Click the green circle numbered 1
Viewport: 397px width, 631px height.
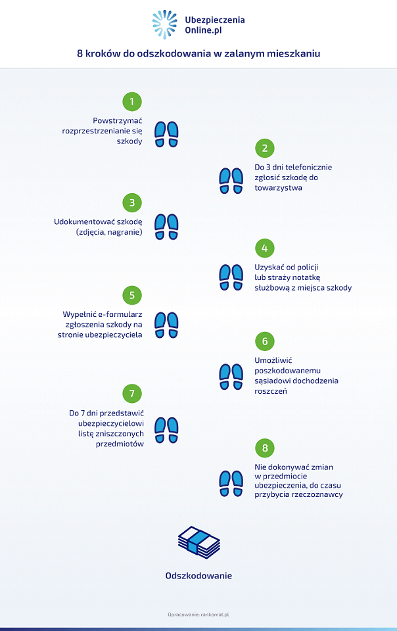click(x=132, y=102)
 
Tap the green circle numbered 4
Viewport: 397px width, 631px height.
click(x=265, y=248)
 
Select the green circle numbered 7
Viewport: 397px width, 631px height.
click(x=132, y=394)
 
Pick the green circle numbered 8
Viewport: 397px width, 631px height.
click(x=265, y=448)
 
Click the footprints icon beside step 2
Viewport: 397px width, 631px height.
click(x=231, y=181)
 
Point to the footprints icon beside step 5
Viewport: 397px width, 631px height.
click(x=166, y=325)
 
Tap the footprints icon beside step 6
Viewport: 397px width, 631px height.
click(x=231, y=377)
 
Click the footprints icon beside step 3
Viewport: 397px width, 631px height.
click(x=166, y=227)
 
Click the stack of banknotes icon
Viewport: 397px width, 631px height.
click(x=198, y=542)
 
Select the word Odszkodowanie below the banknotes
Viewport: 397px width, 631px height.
click(x=198, y=576)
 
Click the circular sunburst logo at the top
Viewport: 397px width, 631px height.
click(x=164, y=24)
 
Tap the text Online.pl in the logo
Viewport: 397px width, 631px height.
click(x=203, y=31)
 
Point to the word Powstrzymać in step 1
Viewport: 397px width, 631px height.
click(x=118, y=121)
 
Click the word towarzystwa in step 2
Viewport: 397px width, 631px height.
click(x=278, y=188)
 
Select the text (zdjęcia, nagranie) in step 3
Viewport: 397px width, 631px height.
click(x=109, y=232)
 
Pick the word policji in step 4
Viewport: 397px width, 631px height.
click(x=308, y=268)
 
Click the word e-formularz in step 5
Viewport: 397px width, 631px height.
click(x=120, y=314)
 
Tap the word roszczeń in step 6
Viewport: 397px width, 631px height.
click(x=271, y=391)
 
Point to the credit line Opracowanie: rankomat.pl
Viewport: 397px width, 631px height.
click(x=198, y=615)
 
